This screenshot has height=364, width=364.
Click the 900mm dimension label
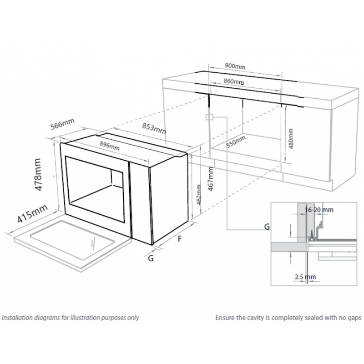pos(235,66)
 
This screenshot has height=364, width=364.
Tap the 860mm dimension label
pos(234,81)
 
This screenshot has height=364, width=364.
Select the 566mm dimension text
pos(62,124)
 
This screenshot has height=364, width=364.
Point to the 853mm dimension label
pos(154,128)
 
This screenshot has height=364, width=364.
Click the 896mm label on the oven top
pos(110,146)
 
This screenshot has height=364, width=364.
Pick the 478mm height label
pos(37,175)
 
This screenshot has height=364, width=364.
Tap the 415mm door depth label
pos(32,214)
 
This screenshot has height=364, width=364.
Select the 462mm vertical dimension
pos(199,195)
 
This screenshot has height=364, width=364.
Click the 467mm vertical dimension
pos(211,179)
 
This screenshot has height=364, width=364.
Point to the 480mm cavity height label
pos(291,139)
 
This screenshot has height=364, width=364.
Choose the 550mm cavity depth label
pos(236,142)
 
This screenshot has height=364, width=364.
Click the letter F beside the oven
pos(180,239)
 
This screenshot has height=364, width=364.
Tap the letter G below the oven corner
pos(151,258)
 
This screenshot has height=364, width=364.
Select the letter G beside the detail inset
pos(267,227)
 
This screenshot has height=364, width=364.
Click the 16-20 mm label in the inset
pos(319,210)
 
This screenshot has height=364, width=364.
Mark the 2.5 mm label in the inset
pos(305,277)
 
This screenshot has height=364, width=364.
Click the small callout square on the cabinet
pos(210,117)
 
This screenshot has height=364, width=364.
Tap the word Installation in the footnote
pos(17,317)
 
